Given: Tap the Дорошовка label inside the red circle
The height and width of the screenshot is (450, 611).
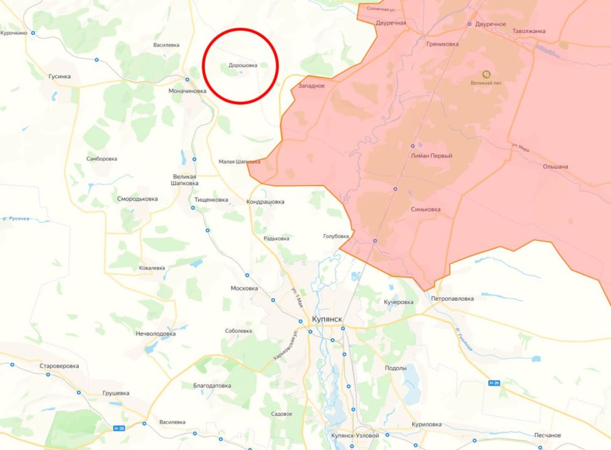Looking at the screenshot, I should tap(243, 64).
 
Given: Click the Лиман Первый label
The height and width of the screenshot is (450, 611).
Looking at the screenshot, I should tap(433, 156).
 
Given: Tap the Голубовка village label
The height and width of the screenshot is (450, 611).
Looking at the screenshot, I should tap(336, 236).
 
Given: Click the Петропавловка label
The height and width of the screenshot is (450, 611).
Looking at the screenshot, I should tap(452, 299).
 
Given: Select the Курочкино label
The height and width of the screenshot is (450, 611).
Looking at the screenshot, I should tap(14, 33).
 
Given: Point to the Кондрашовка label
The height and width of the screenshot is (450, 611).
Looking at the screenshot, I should tap(265, 201).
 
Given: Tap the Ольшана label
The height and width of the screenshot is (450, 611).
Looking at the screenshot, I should tap(555, 166).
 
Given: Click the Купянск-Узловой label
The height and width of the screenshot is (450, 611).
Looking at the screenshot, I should tap(355, 435).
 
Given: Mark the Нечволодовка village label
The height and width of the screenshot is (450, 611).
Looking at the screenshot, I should tap(156, 334).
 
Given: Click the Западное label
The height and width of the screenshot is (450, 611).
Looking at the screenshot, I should tap(312, 86).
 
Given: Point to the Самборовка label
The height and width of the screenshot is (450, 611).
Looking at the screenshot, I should tap(101, 158).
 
